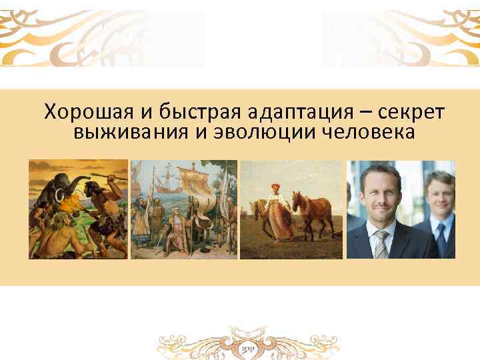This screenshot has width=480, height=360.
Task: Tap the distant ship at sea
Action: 167,180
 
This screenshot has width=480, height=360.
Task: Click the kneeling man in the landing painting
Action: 144,227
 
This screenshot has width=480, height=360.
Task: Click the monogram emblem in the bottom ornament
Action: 247,349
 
